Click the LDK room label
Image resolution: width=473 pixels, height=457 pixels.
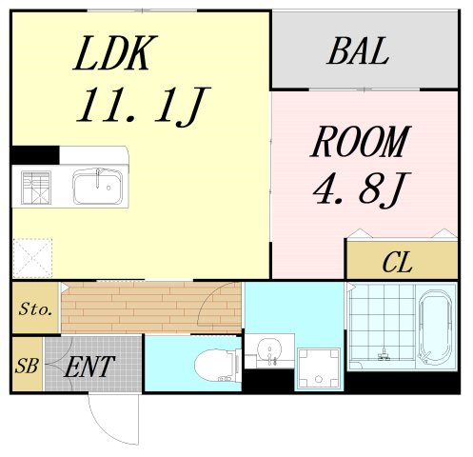(112, 55)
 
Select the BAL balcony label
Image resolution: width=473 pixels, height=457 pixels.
(358, 52)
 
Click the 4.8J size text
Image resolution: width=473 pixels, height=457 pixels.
(360, 189)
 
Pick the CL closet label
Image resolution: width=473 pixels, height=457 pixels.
(398, 262)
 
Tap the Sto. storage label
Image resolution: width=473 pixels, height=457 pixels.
(35, 309)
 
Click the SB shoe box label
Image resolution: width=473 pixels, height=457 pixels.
(27, 365)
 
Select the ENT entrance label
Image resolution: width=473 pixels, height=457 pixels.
(90, 365)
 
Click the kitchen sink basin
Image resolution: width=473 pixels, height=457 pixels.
(99, 185)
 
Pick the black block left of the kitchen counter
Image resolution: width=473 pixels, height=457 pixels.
(35, 154)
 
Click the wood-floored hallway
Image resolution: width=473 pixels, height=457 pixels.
(152, 308)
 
